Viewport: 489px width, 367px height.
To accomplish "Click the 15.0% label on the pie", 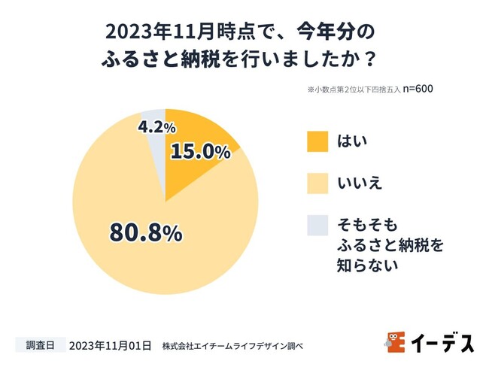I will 201,151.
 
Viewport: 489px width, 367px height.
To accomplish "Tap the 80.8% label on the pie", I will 146,232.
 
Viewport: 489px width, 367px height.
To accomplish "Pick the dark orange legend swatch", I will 317,141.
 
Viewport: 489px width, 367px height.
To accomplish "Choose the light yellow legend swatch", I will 317,182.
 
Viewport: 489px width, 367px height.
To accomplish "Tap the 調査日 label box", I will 40,346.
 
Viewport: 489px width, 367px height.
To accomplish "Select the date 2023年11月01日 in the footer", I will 110,346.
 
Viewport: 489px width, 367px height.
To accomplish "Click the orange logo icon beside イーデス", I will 396,341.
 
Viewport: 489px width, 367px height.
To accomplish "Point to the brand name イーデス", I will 442,342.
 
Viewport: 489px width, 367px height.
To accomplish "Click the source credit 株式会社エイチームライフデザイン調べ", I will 232,347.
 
